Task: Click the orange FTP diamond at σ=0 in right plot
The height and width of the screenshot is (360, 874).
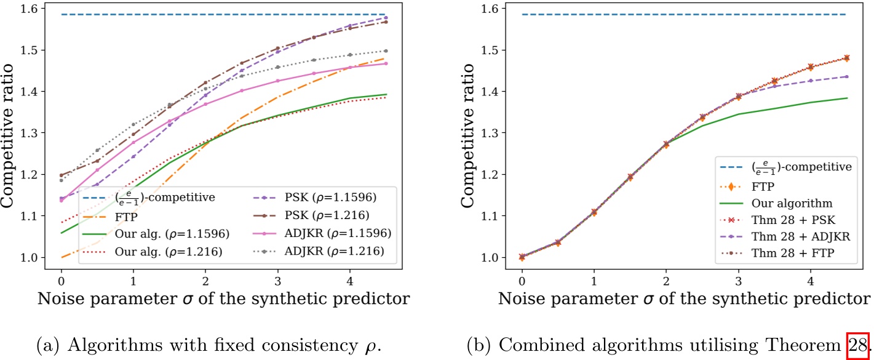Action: (522, 257)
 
